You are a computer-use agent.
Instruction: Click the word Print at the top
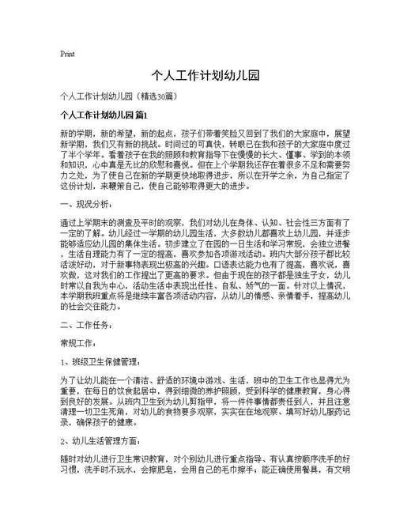tap(67, 55)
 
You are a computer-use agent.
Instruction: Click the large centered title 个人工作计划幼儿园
tap(205, 77)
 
